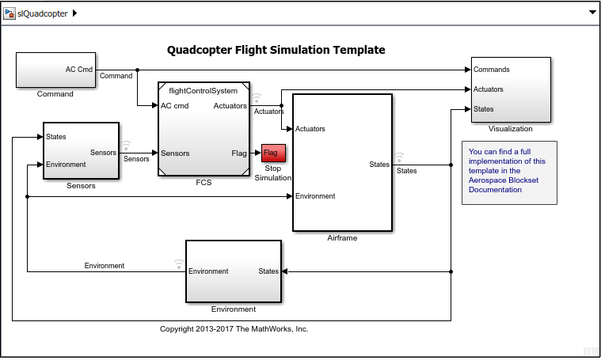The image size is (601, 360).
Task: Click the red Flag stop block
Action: pyautogui.click(x=272, y=153)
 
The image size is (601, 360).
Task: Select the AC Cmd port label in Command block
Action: pyautogui.click(x=78, y=69)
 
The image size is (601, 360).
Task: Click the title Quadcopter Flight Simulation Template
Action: pyautogui.click(x=276, y=50)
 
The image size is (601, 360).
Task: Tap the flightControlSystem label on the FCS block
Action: pyautogui.click(x=204, y=90)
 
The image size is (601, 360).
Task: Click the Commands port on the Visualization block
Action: pyautogui.click(x=491, y=70)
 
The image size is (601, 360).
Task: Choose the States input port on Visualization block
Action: pyautogui.click(x=483, y=109)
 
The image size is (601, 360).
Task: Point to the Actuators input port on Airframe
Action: pyautogui.click(x=310, y=129)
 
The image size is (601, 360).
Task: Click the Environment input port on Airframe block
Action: pyautogui.click(x=314, y=196)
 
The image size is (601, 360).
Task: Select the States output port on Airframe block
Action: pyautogui.click(x=378, y=165)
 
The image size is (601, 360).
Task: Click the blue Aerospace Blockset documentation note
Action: pyautogui.click(x=509, y=172)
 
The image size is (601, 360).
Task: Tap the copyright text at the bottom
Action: pyautogui.click(x=234, y=328)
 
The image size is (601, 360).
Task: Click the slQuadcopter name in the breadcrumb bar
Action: pyautogui.click(x=43, y=13)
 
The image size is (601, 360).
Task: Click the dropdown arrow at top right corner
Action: pyautogui.click(x=591, y=13)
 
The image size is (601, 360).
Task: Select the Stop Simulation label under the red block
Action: pyautogui.click(x=272, y=172)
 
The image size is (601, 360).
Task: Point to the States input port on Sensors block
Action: pyautogui.click(x=55, y=137)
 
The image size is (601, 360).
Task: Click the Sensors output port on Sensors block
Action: pyautogui.click(x=103, y=153)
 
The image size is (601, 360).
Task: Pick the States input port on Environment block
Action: pyautogui.click(x=268, y=271)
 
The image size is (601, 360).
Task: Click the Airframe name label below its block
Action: pyautogui.click(x=342, y=237)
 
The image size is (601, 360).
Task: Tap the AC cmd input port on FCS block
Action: pyautogui.click(x=174, y=106)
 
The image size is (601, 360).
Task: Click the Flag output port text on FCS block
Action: pyautogui.click(x=238, y=153)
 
